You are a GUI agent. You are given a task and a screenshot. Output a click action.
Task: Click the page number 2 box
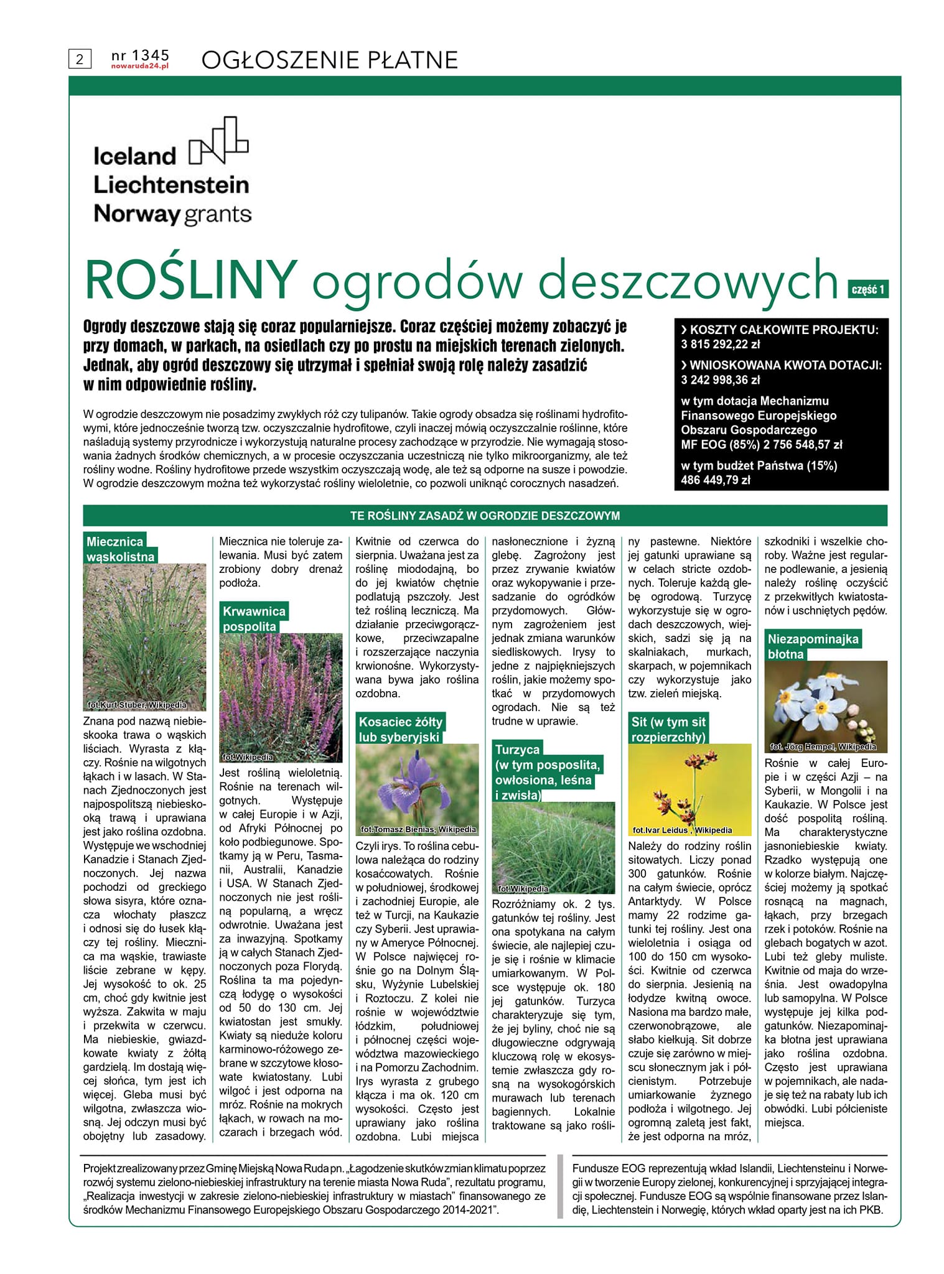(80, 59)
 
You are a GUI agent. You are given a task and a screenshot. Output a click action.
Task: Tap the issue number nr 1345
(140, 55)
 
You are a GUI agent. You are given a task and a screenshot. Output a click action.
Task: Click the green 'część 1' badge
(867, 289)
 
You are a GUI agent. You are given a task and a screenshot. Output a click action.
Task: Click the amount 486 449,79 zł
(716, 480)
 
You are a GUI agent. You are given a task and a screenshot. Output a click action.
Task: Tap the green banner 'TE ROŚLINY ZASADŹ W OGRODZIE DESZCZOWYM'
(485, 516)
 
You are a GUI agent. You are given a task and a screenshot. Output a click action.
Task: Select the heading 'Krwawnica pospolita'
(253, 618)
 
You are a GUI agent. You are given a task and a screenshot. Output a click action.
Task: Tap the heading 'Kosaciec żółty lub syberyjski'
(400, 729)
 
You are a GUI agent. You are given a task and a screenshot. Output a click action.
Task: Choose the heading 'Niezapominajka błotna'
(812, 646)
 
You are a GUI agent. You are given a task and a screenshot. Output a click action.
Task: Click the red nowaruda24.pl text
(140, 65)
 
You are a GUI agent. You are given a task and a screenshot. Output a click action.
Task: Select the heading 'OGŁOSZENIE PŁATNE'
(330, 60)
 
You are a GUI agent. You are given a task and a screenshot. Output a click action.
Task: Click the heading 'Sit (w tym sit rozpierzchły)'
(668, 729)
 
